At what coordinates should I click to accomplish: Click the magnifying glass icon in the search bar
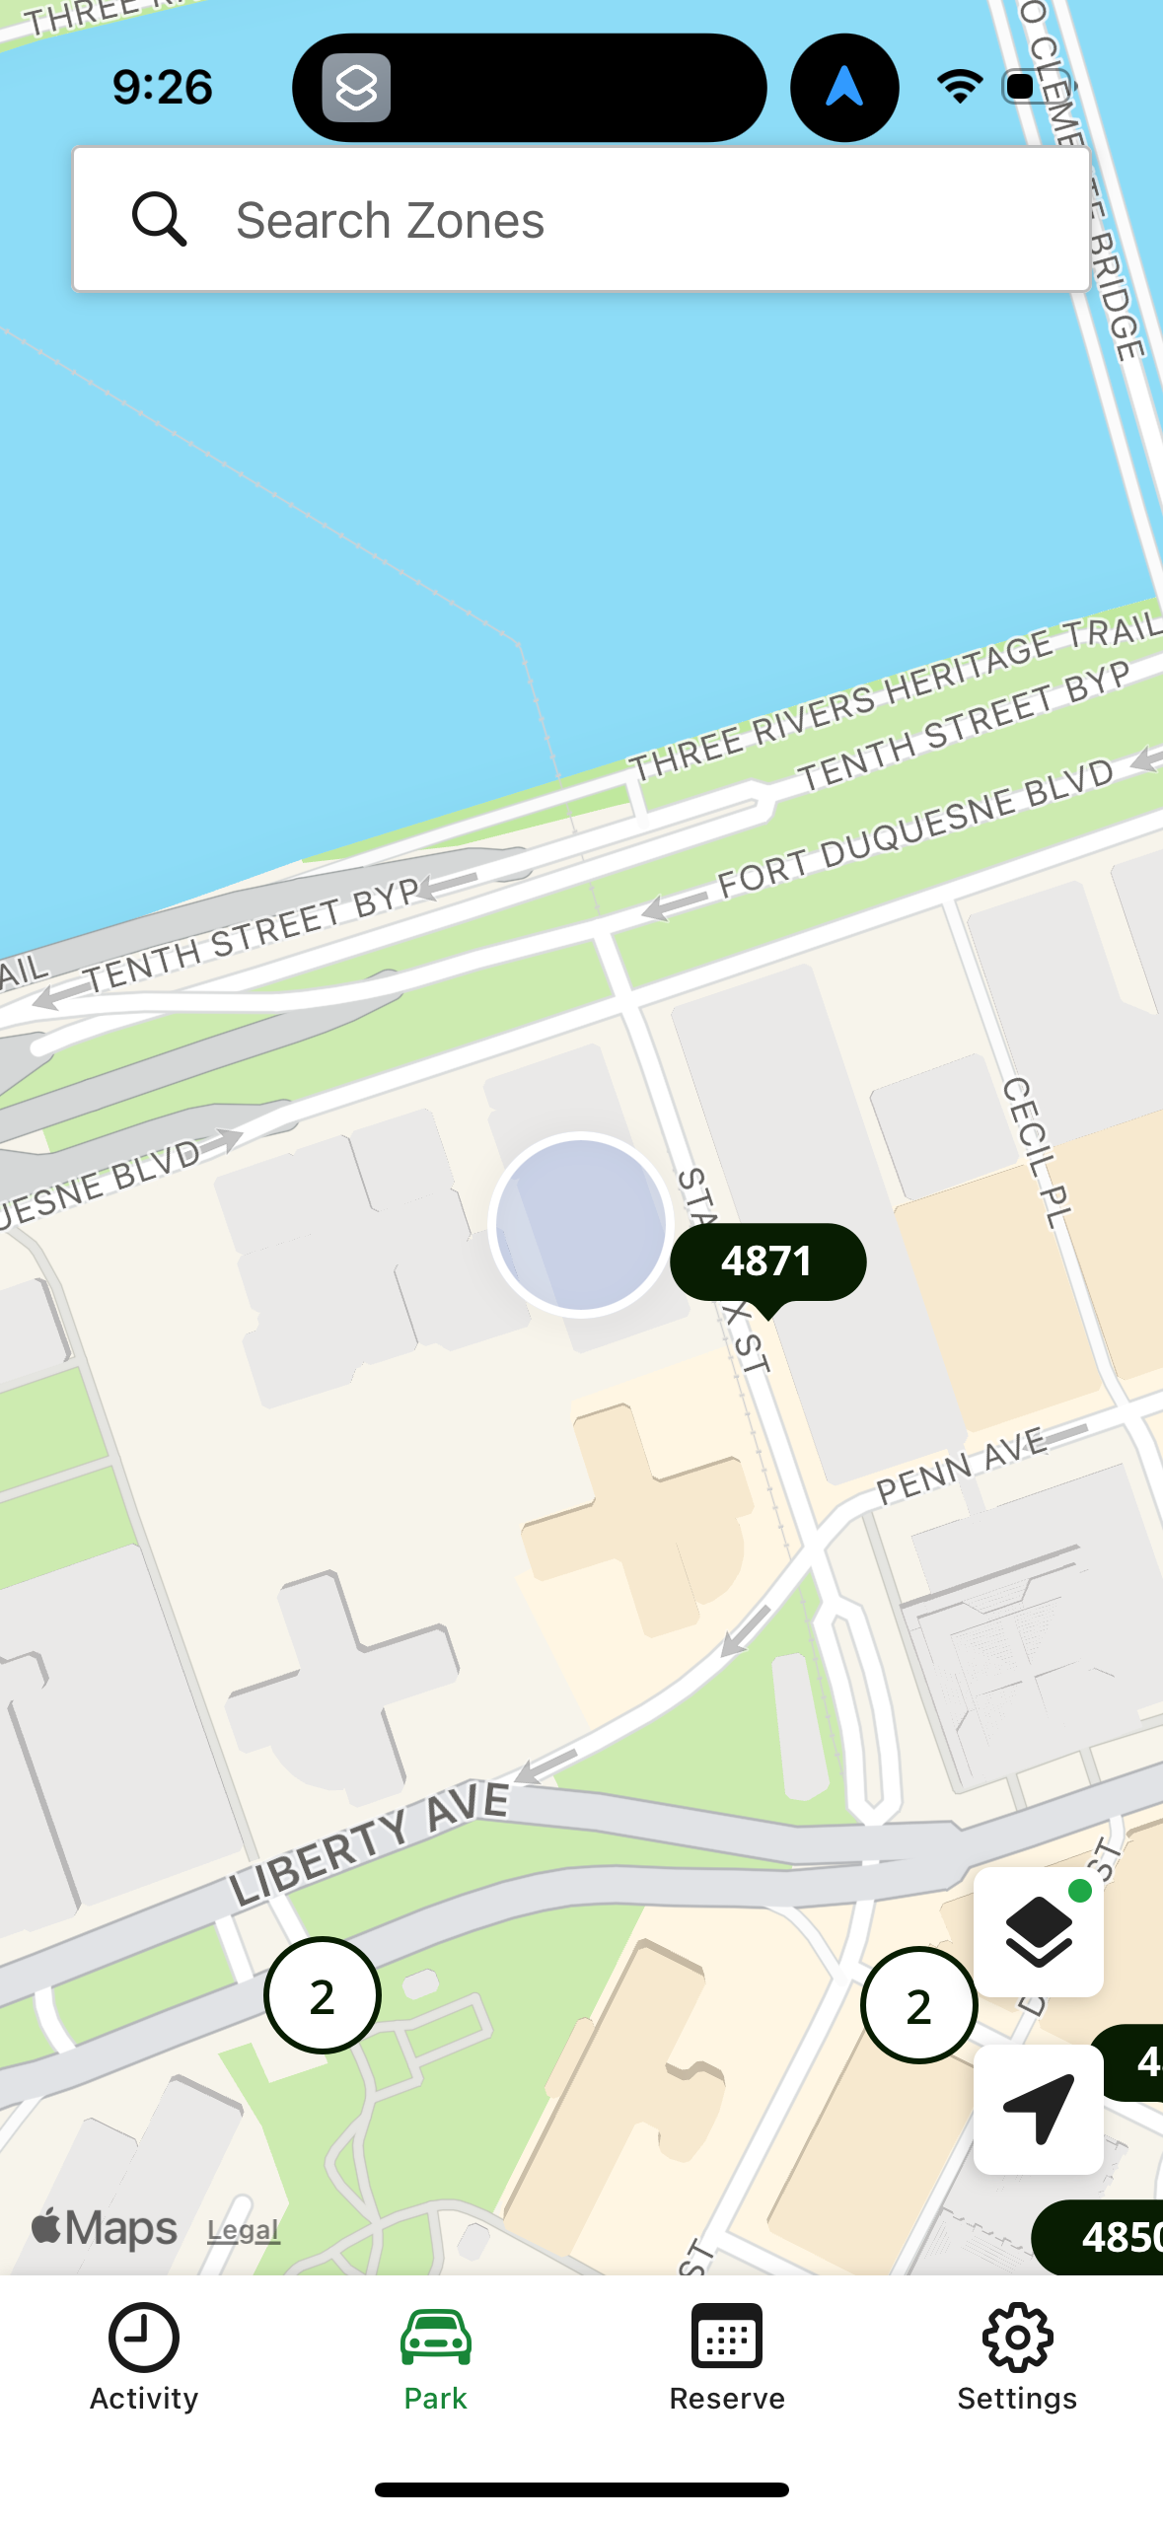[159, 219]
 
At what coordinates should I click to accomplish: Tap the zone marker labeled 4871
[767, 1261]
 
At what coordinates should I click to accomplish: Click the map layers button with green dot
[1038, 1931]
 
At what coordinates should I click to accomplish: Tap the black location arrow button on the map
[1038, 2109]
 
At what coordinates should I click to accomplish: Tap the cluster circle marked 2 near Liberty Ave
[323, 1995]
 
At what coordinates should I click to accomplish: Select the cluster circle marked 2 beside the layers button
[918, 2005]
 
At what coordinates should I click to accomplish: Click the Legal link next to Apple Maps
[244, 2230]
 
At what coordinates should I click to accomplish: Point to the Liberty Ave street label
[370, 1842]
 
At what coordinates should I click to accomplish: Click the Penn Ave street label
[962, 1466]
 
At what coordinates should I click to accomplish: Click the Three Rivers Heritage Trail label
[894, 696]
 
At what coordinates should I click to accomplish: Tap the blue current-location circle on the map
[581, 1224]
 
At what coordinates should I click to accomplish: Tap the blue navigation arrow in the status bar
[844, 87]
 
